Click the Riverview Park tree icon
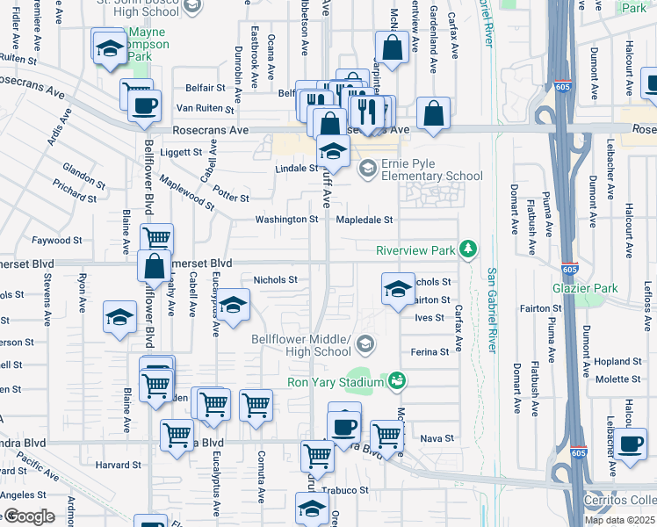[x=470, y=250]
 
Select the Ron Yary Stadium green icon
[x=397, y=380]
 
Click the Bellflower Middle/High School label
[x=301, y=345]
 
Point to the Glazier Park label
[x=585, y=288]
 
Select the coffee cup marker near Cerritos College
[x=630, y=445]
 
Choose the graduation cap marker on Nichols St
[x=398, y=288]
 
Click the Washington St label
[x=286, y=220]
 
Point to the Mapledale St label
[x=363, y=220]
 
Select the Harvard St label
[x=113, y=465]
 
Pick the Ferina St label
[x=430, y=351]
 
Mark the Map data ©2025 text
[x=619, y=520]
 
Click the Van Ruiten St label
[x=205, y=110]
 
